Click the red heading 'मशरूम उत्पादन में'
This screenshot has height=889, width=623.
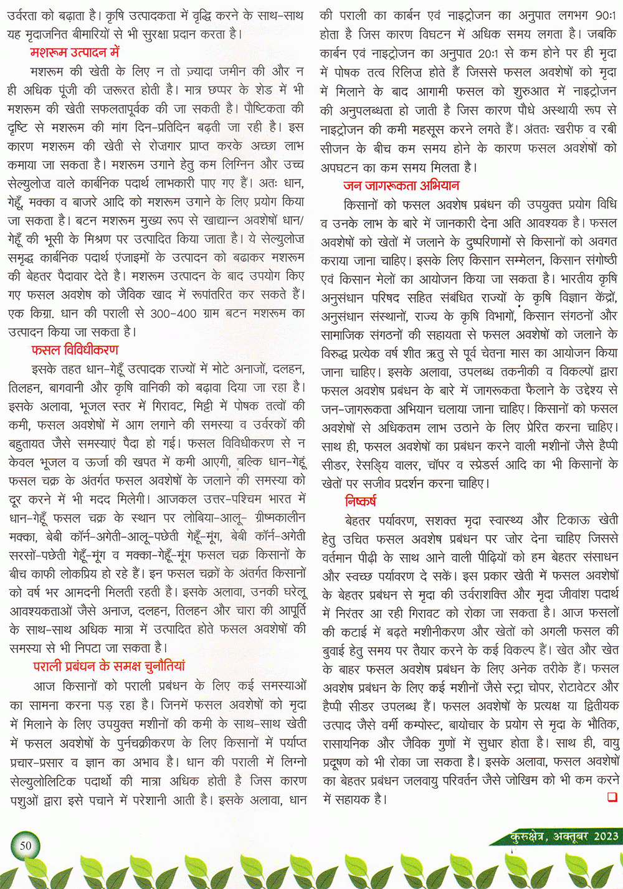point(75,52)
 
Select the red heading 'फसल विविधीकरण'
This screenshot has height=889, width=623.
point(75,349)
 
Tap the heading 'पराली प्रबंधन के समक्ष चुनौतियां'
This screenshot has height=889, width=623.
point(109,666)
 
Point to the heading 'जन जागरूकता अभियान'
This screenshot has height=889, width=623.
point(401,185)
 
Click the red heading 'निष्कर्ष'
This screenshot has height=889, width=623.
point(360,501)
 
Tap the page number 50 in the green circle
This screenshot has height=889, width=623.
point(26,845)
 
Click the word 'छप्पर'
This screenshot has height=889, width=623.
point(234,90)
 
